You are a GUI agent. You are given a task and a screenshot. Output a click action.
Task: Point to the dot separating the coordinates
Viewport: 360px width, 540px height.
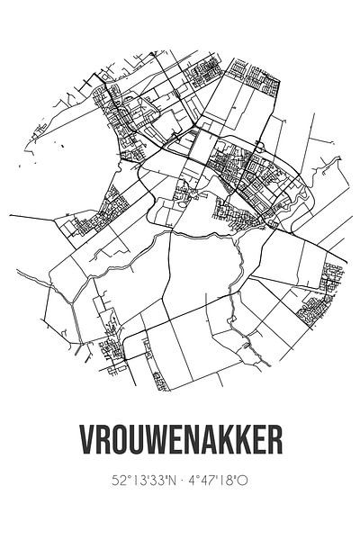[180, 507]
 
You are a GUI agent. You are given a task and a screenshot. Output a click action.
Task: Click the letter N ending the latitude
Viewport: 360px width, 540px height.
[167, 507]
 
